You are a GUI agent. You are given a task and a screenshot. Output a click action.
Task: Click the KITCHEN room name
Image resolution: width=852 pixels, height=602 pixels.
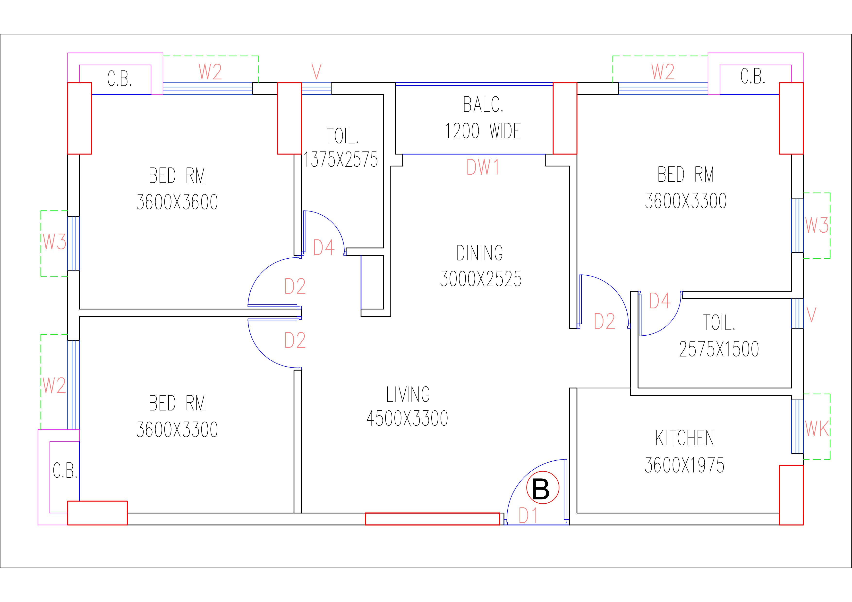[685, 438]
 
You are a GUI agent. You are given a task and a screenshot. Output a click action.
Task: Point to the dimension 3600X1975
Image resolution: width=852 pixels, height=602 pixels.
[685, 465]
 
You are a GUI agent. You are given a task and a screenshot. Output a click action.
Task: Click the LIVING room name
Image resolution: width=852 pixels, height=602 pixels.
[408, 394]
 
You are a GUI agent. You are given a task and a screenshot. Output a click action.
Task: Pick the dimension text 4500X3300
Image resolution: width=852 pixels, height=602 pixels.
[408, 418]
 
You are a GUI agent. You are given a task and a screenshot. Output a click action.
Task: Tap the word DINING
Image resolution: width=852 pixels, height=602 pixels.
[480, 253]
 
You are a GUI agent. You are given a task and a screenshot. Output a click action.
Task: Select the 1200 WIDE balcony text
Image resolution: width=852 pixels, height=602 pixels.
[483, 131]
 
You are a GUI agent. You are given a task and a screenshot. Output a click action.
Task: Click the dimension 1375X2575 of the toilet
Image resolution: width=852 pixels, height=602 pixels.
[341, 160]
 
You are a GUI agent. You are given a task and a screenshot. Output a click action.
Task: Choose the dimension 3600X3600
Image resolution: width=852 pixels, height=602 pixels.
[177, 202]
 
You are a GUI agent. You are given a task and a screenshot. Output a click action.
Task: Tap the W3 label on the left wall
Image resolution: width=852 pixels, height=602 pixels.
[54, 241]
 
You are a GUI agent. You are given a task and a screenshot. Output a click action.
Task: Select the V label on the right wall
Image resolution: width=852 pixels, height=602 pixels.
[811, 314]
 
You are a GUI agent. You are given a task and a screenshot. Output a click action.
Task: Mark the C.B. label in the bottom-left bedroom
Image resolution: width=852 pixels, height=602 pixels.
[65, 470]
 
